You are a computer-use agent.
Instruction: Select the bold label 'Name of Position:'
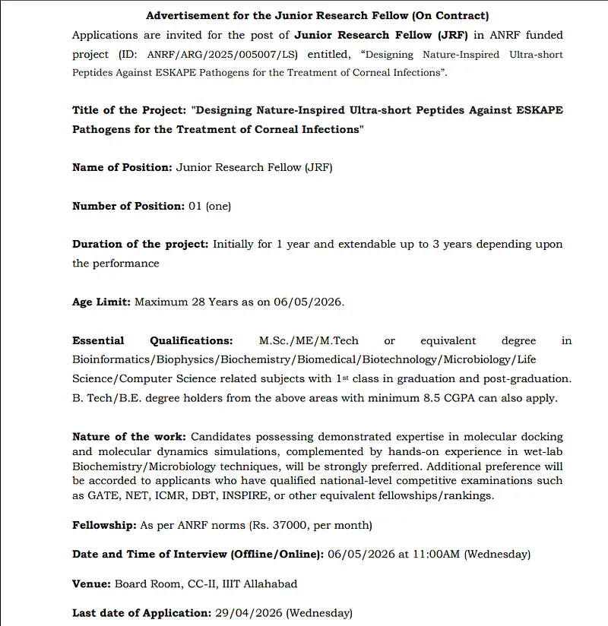122,167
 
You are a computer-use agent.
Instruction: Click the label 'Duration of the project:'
140,244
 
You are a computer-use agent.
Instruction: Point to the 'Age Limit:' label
102,302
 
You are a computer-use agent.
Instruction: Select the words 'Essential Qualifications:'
152,340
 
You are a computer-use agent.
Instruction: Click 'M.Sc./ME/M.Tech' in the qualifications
309,340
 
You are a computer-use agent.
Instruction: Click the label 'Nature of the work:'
129,437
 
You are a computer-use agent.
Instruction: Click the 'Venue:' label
92,583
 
